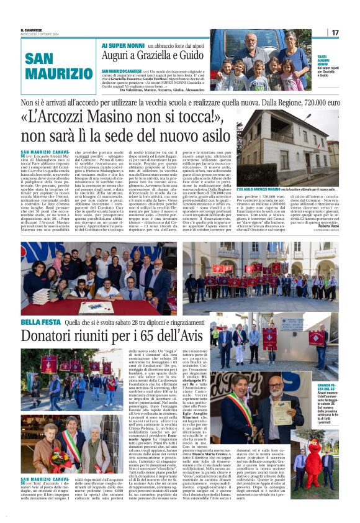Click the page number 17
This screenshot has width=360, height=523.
point(335,32)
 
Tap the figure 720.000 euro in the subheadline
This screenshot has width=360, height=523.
point(316,101)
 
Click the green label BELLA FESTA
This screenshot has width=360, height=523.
point(39,322)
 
